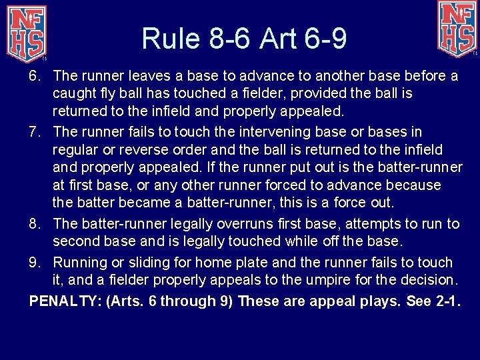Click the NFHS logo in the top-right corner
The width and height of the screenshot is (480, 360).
457,29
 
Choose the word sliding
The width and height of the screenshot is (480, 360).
151,263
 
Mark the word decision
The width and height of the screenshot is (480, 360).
428,280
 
